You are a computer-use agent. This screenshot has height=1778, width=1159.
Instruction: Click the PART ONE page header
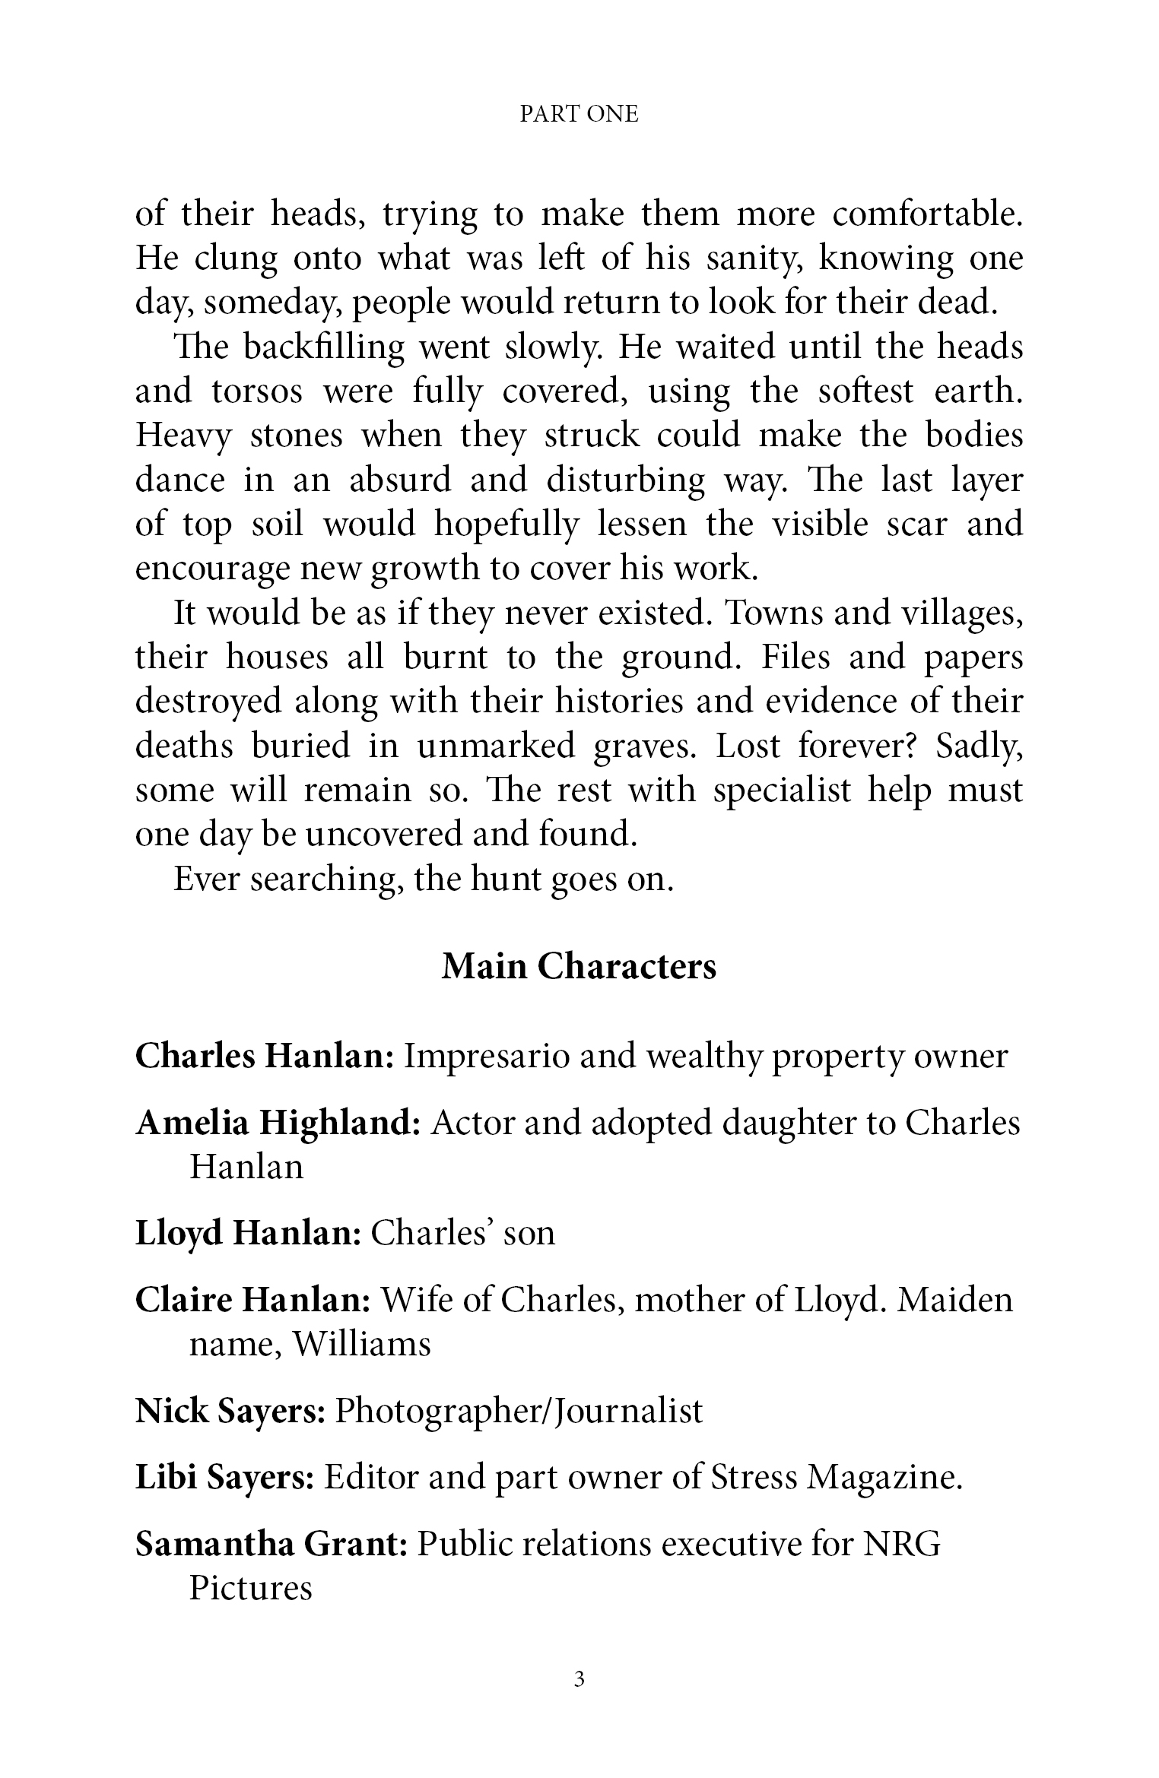tap(579, 114)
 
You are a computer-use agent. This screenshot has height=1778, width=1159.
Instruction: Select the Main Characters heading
tap(579, 967)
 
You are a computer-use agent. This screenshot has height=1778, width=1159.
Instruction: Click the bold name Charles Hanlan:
tap(264, 1057)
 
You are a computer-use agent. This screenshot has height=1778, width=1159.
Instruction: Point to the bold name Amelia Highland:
tap(278, 1124)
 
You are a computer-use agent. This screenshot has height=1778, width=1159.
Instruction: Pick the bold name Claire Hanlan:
tap(252, 1301)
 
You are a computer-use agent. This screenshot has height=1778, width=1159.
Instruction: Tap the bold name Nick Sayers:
tap(230, 1412)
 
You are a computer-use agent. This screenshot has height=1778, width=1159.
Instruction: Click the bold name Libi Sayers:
tap(224, 1478)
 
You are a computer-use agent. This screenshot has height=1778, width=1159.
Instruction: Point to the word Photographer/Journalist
tap(519, 1412)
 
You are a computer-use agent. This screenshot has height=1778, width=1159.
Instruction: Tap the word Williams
tap(361, 1345)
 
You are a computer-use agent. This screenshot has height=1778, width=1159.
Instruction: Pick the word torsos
tap(256, 391)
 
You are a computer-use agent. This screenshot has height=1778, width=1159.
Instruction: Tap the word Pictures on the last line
tap(250, 1589)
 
